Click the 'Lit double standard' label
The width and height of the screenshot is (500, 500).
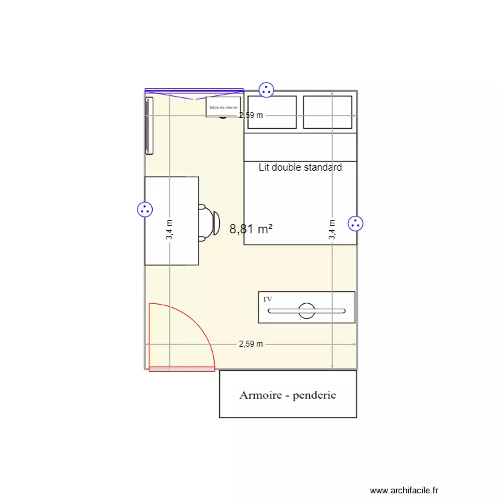[300, 167]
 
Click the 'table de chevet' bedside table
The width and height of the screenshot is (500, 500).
[223, 107]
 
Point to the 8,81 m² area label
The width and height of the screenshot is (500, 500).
[251, 229]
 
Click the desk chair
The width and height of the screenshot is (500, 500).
[209, 222]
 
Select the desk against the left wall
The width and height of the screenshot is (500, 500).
[171, 221]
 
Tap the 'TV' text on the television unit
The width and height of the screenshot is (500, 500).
[267, 300]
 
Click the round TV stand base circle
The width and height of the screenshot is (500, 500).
[307, 310]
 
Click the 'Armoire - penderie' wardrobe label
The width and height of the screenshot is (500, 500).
[288, 395]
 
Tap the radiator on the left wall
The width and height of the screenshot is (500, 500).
[149, 126]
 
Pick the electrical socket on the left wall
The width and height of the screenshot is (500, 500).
[145, 210]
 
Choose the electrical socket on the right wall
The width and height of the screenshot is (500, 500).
[356, 224]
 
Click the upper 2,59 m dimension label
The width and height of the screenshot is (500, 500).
[251, 115]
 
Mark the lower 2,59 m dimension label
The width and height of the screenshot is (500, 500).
[251, 344]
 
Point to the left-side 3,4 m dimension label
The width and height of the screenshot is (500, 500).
[169, 230]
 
